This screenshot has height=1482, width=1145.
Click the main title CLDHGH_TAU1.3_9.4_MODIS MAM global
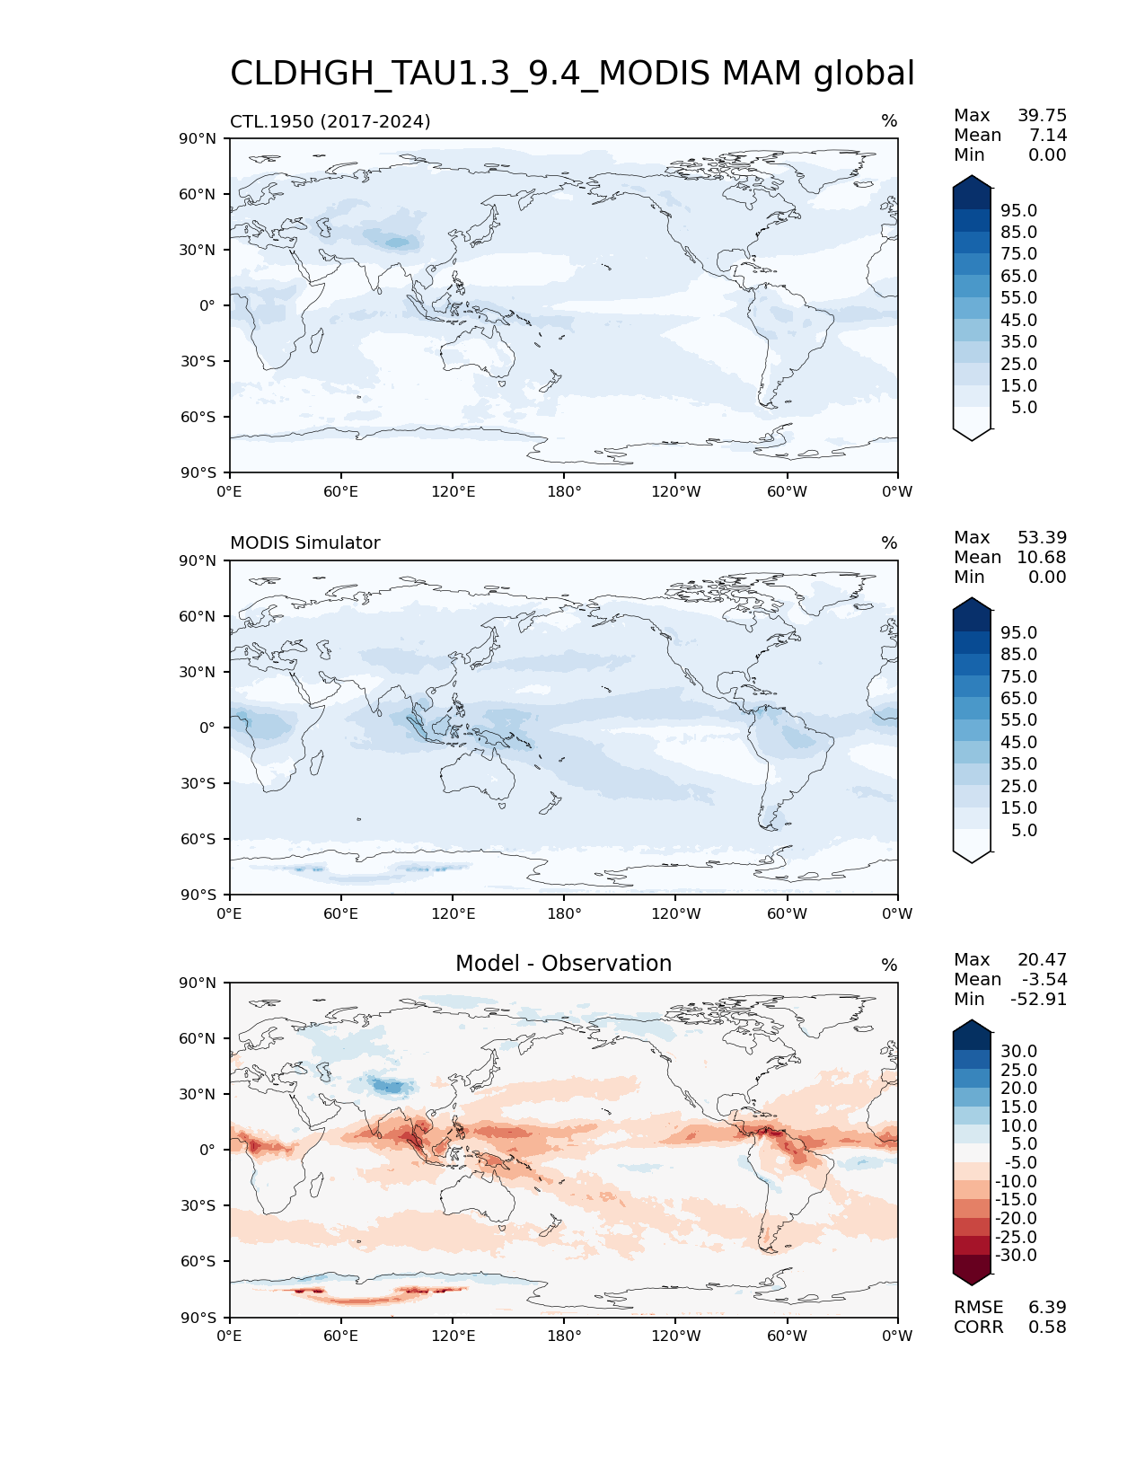click(572, 74)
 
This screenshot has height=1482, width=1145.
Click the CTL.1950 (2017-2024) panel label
click(330, 121)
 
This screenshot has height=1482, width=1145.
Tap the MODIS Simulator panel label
click(304, 543)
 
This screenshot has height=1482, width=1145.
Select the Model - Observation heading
click(563, 964)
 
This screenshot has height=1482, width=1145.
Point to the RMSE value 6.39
click(1047, 1308)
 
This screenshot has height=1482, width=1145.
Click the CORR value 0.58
click(1047, 1328)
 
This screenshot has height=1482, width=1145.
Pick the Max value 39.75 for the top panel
click(1042, 116)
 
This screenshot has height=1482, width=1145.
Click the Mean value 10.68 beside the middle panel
click(1042, 558)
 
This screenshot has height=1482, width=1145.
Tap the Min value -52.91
click(1038, 1000)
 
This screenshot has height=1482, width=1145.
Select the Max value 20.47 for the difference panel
click(1042, 960)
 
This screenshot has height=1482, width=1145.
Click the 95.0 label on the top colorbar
click(1018, 211)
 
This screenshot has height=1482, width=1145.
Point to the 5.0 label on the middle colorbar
click(1024, 831)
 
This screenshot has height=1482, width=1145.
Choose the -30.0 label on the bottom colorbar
click(1016, 1256)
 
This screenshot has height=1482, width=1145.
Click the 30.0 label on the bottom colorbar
click(1018, 1052)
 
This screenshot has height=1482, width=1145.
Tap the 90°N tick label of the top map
click(198, 139)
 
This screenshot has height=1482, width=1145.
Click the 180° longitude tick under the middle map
click(564, 914)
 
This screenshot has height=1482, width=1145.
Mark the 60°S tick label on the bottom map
click(198, 1262)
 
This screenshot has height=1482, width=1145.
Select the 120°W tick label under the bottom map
click(675, 1336)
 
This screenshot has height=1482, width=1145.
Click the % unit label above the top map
click(889, 121)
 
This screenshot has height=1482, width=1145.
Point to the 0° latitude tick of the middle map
click(207, 728)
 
